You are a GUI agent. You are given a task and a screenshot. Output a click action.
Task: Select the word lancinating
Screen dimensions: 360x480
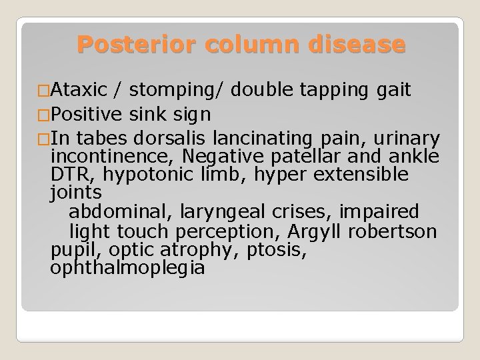[x=259, y=139]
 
